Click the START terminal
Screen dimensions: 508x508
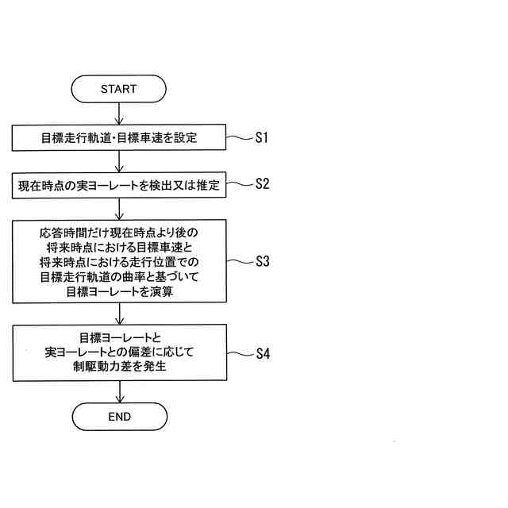click(118, 89)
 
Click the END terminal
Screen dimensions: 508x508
click(118, 416)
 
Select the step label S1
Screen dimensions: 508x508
click(262, 137)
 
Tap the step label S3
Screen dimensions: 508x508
click(263, 261)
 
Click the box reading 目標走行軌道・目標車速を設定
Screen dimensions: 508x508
click(119, 138)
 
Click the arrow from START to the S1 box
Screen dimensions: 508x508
click(118, 114)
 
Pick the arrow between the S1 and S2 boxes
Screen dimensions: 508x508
click(118, 162)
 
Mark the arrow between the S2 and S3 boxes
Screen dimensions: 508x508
click(118, 210)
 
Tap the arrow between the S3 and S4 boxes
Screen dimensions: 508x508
click(118, 314)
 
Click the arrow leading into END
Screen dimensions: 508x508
click(118, 391)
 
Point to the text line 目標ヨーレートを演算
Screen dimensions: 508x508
click(119, 291)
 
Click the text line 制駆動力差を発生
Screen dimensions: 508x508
click(119, 368)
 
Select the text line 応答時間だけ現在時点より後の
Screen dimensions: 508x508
click(119, 233)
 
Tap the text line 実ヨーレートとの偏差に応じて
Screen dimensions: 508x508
click(119, 352)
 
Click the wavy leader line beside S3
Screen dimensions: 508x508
click(239, 261)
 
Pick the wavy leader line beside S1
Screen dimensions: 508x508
click(239, 137)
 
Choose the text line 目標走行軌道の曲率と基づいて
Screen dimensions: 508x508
click(119, 276)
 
